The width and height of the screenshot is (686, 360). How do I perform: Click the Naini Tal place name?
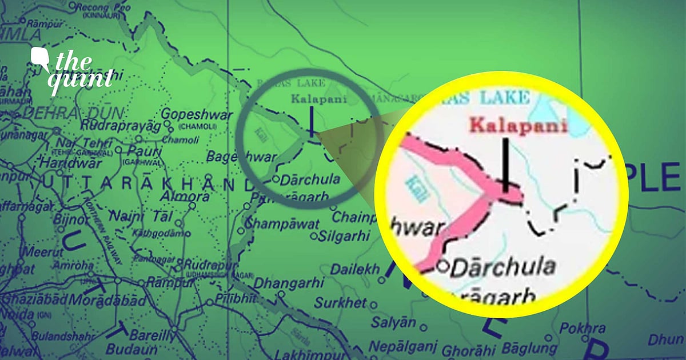click(x=131, y=217)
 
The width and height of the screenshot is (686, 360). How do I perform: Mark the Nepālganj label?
click(x=402, y=346)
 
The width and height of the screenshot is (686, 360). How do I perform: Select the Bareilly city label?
click(x=151, y=335)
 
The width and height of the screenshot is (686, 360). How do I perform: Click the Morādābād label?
click(x=98, y=299)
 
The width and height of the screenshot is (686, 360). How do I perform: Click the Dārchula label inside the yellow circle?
click(x=502, y=266)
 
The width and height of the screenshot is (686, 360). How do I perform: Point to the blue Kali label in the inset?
click(x=415, y=189)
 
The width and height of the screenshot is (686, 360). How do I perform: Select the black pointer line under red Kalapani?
click(x=506, y=163)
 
